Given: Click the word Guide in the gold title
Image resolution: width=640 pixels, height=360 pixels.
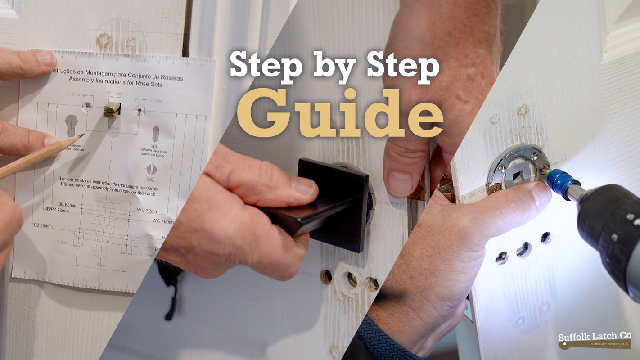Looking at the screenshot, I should click(340, 113).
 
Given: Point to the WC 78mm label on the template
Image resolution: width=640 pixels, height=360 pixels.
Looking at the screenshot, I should click(162, 221).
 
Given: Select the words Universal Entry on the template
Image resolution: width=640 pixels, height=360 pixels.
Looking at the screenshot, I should click(154, 156).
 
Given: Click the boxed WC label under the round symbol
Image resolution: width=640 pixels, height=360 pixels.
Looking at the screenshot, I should click(151, 179).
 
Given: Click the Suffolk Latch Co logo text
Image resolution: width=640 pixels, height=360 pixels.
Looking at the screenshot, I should click(594, 337).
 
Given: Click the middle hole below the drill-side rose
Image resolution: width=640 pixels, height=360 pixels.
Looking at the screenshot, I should click(523, 250).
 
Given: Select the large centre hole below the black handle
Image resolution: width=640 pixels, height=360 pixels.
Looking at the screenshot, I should click(350, 279).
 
